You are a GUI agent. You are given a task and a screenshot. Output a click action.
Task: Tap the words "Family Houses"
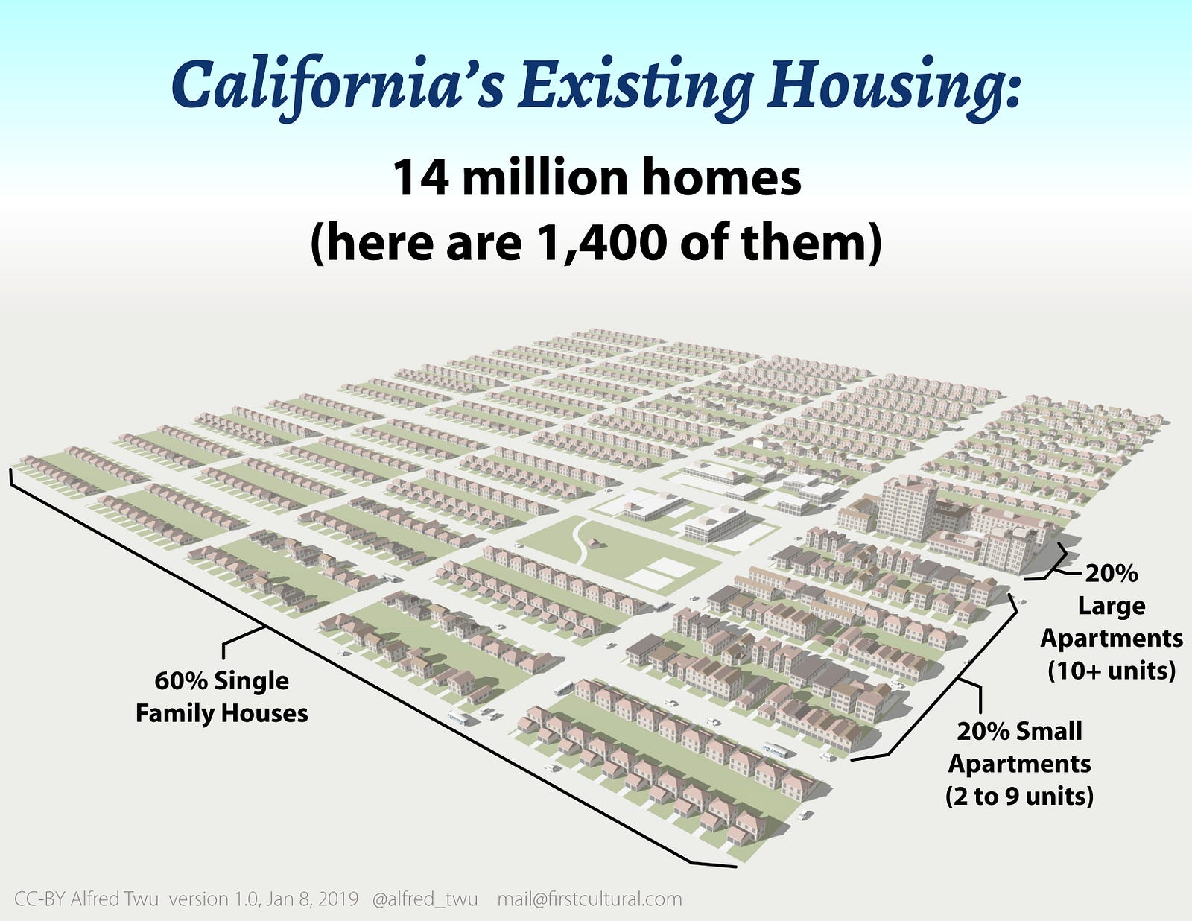221,714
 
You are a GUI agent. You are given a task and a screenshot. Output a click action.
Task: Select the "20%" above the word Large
1111,574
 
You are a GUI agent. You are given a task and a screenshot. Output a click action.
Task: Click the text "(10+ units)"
1112,671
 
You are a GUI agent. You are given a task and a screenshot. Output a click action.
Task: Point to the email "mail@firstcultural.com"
590,899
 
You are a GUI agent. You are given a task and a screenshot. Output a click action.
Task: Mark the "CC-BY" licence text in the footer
40,899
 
